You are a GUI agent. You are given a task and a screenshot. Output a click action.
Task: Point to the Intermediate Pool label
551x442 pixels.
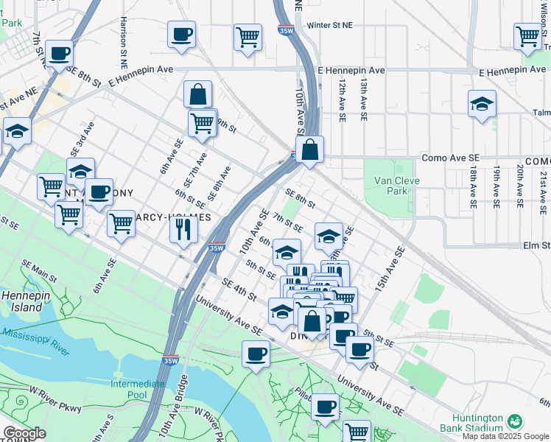point(138,389)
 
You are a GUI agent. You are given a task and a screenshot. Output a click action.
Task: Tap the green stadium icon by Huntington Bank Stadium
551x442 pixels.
point(515,422)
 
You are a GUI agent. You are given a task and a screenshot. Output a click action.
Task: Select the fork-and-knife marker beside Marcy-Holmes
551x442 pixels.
point(183,229)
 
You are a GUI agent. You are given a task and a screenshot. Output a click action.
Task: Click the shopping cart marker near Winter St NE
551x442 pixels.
point(248,37)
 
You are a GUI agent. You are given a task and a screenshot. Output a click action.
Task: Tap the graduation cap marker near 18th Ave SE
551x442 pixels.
point(482,104)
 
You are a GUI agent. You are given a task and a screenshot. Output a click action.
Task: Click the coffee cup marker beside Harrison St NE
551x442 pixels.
point(181,34)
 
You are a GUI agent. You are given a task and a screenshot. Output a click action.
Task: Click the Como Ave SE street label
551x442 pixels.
point(451,158)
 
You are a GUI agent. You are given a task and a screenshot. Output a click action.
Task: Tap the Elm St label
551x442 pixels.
point(536,245)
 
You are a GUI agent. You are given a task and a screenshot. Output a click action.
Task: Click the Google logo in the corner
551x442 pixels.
point(24,433)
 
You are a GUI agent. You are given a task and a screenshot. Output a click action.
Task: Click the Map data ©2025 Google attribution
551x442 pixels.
point(506,436)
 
